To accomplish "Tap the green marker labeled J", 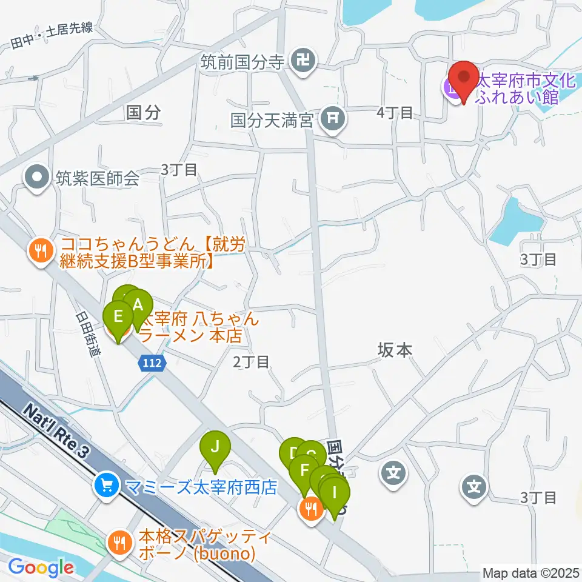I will [x=215, y=448].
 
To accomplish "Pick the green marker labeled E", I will [x=118, y=316].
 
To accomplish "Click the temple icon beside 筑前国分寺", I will [x=302, y=60].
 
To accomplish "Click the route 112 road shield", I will [x=152, y=363].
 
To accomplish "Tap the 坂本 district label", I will [x=395, y=350].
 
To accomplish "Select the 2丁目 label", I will [x=251, y=363].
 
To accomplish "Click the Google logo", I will [x=41, y=567].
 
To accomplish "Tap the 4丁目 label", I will [x=395, y=112].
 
